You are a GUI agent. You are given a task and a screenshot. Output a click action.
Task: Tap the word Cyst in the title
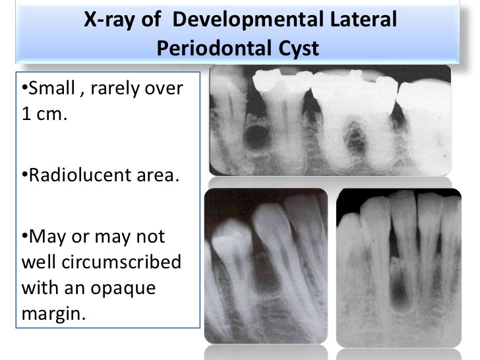[295, 47]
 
